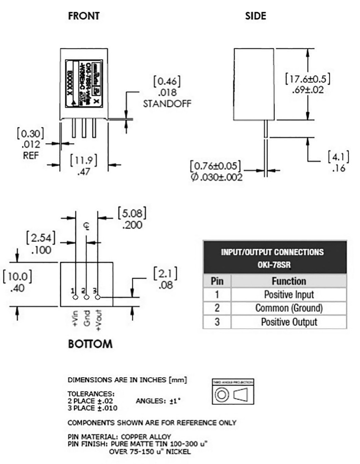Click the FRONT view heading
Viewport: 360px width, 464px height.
pos(83,16)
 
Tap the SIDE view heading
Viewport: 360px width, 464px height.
pos(255,16)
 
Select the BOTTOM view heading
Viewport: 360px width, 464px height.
pos(90,344)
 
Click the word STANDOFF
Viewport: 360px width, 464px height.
pos(167,103)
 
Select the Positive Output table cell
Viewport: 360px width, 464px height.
pos(289,322)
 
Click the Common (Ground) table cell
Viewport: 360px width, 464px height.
pos(289,308)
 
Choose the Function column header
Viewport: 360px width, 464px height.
pos(289,281)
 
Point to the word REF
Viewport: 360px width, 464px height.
pos(31,155)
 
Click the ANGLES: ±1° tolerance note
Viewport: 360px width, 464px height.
pos(155,401)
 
